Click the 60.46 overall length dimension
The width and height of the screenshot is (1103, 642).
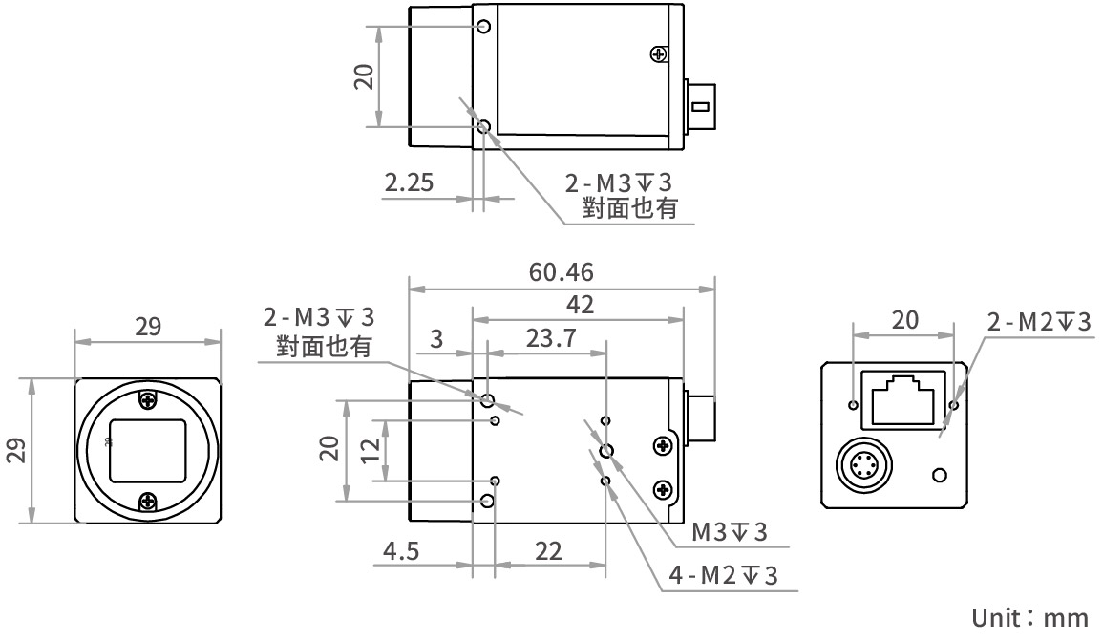click(x=561, y=272)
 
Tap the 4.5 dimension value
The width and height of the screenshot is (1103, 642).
click(x=403, y=552)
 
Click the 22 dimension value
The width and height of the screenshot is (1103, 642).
click(x=548, y=552)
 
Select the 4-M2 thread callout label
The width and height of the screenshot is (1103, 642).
click(x=723, y=576)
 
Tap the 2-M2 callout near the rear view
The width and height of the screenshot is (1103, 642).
click(x=1038, y=323)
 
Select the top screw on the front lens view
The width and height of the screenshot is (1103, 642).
click(x=147, y=399)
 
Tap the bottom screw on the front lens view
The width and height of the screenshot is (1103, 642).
click(x=147, y=500)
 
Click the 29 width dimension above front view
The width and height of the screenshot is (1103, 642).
click(x=147, y=327)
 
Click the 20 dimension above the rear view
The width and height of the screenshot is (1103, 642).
click(x=903, y=320)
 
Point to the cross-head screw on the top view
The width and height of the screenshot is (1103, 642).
click(x=657, y=54)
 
